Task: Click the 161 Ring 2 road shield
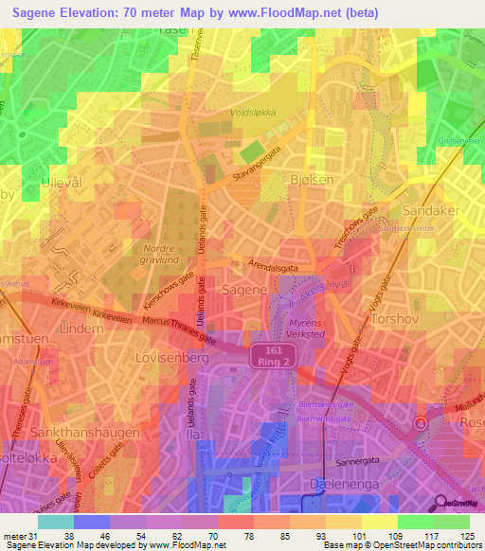tap(276, 356)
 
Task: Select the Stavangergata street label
tap(258, 165)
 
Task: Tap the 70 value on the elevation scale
tap(199, 536)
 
